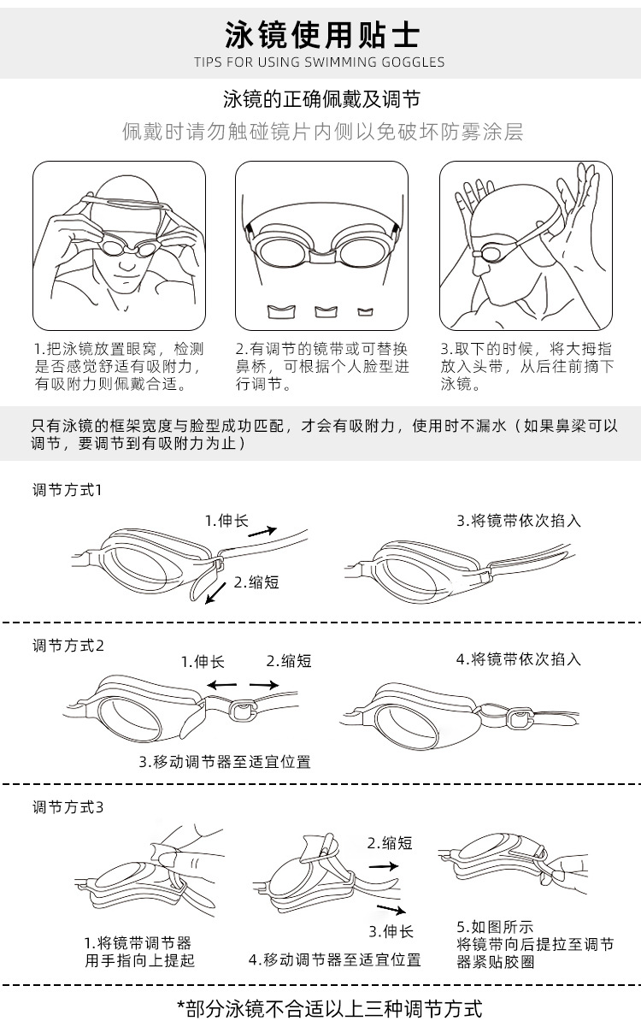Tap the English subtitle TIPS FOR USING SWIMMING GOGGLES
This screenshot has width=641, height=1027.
(320, 62)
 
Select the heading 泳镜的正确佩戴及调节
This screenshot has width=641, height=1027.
(320, 100)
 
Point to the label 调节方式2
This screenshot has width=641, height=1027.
(68, 645)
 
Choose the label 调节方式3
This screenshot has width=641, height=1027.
(68, 806)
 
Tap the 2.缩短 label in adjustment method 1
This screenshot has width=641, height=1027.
(257, 582)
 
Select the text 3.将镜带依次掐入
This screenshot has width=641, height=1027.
(518, 520)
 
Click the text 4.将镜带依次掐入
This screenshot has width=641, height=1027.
(518, 658)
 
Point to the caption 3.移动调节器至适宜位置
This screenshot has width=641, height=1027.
(225, 761)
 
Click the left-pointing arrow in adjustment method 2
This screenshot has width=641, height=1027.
(223, 684)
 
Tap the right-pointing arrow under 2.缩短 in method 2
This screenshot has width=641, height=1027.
(264, 684)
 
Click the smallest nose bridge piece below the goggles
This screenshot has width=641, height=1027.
(366, 310)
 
